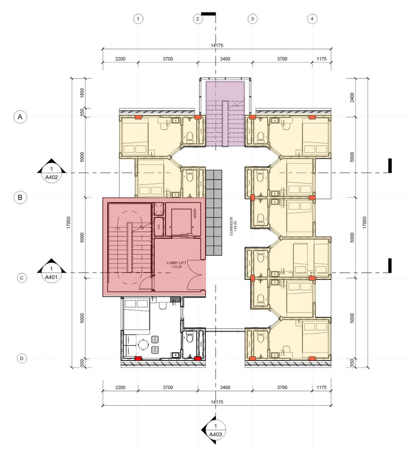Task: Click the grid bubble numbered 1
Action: click(138, 19)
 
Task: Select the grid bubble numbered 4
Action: click(312, 19)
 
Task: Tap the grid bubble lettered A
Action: click(20, 117)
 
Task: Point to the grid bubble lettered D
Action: click(22, 359)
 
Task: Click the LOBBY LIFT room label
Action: click(176, 265)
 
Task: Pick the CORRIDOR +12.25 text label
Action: click(233, 226)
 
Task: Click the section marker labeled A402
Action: click(52, 170)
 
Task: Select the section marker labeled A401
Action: click(52, 270)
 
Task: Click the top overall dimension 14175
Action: click(217, 46)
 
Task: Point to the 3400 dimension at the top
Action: click(225, 59)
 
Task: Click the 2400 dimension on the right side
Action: click(352, 98)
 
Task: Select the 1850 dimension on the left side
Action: click(82, 93)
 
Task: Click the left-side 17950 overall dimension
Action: click(68, 223)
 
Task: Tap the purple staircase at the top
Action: click(225, 113)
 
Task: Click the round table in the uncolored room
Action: click(144, 345)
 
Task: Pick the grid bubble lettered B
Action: click(20, 197)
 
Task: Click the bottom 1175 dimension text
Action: click(321, 387)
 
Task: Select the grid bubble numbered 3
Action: click(252, 19)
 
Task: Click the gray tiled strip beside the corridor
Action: click(214, 213)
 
